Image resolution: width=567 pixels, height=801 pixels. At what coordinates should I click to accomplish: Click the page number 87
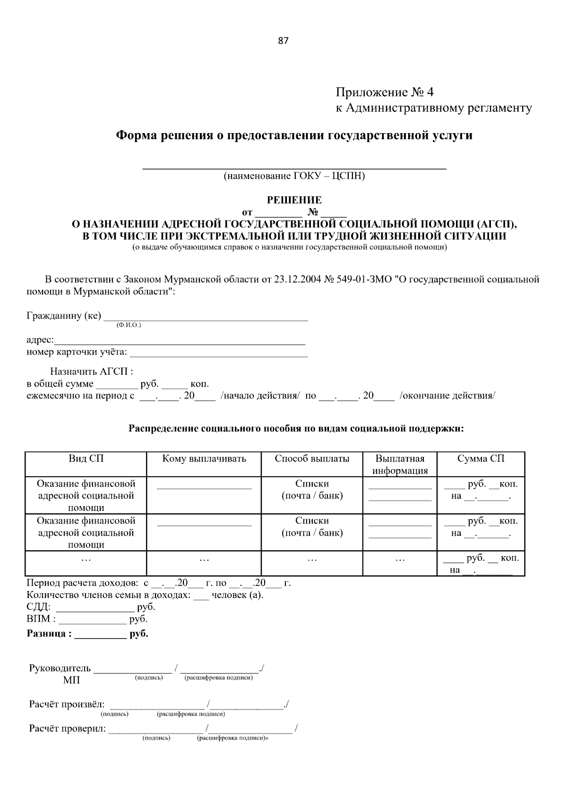(283, 41)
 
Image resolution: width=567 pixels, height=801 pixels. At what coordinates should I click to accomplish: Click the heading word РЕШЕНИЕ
(294, 200)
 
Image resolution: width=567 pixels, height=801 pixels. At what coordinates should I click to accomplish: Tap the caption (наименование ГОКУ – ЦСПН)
(294, 177)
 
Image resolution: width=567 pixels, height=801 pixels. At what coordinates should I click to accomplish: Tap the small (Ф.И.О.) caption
(129, 325)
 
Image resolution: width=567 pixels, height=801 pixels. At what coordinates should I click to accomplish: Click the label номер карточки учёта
(77, 352)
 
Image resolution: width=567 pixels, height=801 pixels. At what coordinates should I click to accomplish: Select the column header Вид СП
(86, 459)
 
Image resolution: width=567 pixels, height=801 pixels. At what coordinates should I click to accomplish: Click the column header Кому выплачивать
(204, 459)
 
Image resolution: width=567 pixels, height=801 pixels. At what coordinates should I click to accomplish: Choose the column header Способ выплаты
(312, 459)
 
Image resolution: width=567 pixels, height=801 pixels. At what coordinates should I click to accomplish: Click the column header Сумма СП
(481, 459)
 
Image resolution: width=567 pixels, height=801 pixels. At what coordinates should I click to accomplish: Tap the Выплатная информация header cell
(400, 464)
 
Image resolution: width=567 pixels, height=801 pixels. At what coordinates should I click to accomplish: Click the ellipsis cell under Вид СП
(86, 559)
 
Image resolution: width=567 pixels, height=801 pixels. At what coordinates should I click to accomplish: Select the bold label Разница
(49, 634)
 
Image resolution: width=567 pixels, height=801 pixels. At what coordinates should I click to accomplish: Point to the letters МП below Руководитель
(71, 680)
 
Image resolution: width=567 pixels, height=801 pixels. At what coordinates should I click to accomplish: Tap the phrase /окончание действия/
(447, 396)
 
